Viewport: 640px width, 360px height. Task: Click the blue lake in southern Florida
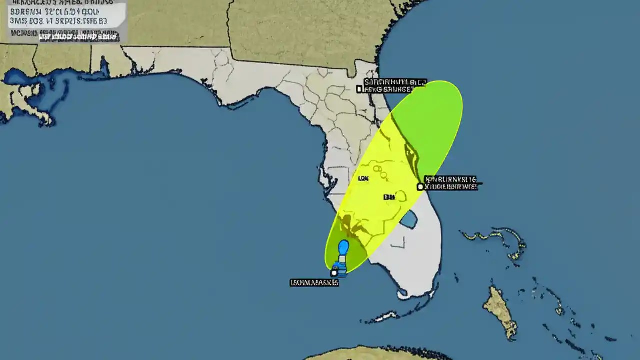409,219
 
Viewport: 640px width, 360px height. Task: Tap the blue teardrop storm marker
343,248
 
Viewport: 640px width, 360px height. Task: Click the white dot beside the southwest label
334,273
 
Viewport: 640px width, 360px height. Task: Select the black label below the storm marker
314,283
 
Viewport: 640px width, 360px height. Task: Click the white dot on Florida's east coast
420,187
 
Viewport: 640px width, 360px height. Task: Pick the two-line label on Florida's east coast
451,183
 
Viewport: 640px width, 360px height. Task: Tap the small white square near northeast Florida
359,89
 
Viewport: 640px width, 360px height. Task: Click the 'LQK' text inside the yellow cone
364,178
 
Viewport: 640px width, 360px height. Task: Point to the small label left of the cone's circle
388,197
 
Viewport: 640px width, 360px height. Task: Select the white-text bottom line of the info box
77,36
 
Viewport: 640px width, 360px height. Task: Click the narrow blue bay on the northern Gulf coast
104,67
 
